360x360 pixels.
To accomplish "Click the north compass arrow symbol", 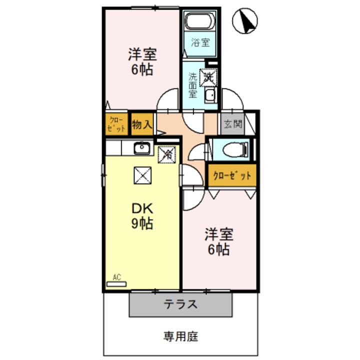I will pyautogui.click(x=245, y=20).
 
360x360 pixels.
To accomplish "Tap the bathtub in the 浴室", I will pyautogui.click(x=199, y=22).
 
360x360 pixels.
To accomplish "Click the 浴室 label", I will pyautogui.click(x=200, y=42).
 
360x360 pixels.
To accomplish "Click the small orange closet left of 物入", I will pyautogui.click(x=116, y=124).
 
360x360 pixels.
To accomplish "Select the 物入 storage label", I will pyautogui.click(x=141, y=124).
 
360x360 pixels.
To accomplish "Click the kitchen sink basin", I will pyautogui.click(x=142, y=147).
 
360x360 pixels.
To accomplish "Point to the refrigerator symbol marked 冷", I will pyautogui.click(x=166, y=154).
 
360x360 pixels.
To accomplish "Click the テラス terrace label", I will pyautogui.click(x=180, y=304).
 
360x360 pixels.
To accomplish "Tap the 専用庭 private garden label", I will pyautogui.click(x=180, y=336).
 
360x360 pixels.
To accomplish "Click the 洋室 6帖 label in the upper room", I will pyautogui.click(x=142, y=61).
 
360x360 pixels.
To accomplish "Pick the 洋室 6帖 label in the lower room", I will pyautogui.click(x=218, y=241).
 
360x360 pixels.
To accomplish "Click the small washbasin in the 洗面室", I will pyautogui.click(x=210, y=95).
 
